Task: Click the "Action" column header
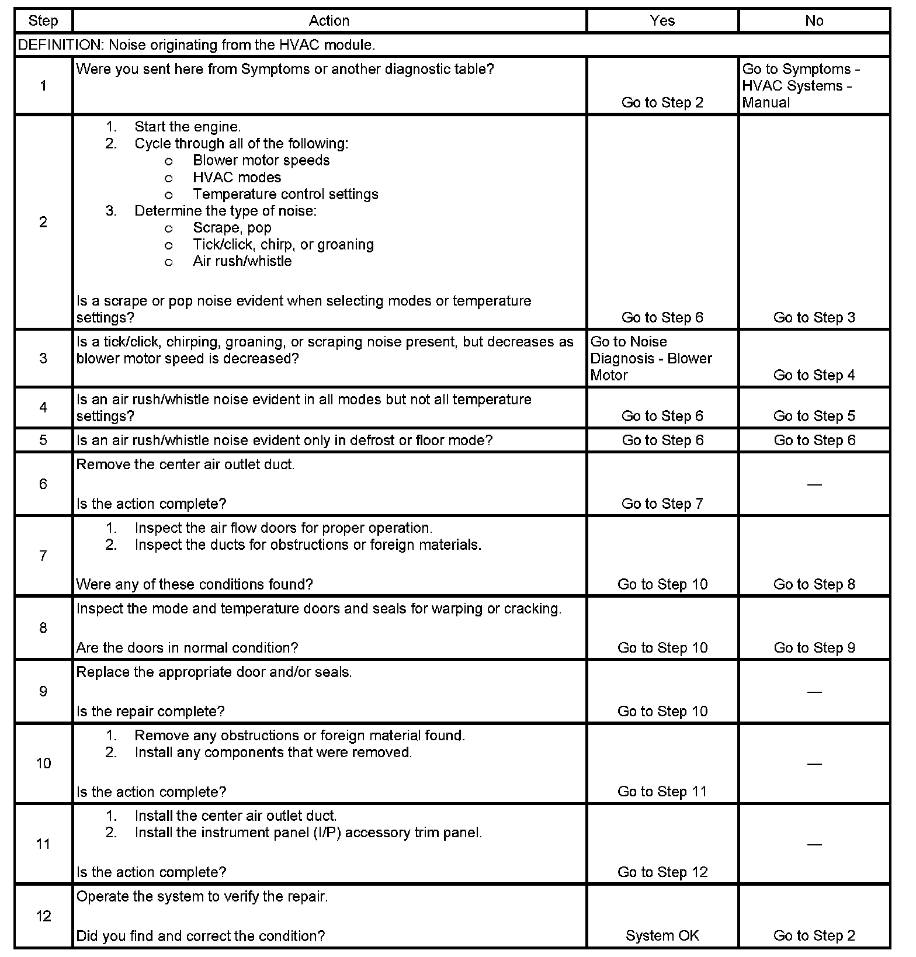[329, 21]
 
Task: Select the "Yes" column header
[662, 21]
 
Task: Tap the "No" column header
[814, 21]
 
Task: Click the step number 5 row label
[43, 440]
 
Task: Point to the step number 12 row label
[43, 916]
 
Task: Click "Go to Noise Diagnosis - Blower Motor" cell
[651, 358]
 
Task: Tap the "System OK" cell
[662, 935]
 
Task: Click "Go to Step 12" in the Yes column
[662, 872]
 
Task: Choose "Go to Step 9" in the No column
[814, 647]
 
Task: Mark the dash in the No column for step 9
[814, 692]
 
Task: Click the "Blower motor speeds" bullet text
[261, 161]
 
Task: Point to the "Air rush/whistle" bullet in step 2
[242, 261]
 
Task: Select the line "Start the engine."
[187, 127]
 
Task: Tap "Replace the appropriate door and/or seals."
[214, 672]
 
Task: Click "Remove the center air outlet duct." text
[185, 464]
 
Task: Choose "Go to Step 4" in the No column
[814, 375]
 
